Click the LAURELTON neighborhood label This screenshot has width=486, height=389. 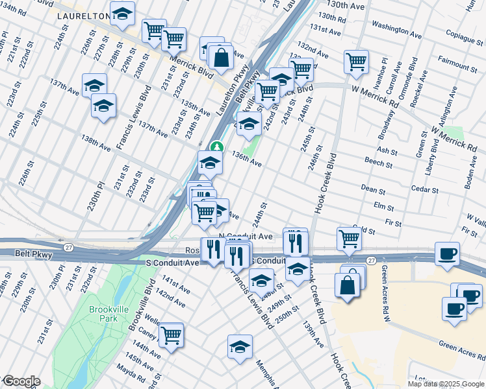pyautogui.click(x=81, y=15)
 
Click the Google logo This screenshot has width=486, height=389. pyautogui.click(x=21, y=381)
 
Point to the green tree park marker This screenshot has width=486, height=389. pyautogui.click(x=218, y=147)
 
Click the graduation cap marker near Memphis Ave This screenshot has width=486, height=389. pyautogui.click(x=240, y=346)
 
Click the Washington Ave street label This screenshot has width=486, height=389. pyautogui.click(x=398, y=28)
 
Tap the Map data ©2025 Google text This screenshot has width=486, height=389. pyautogui.click(x=446, y=384)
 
